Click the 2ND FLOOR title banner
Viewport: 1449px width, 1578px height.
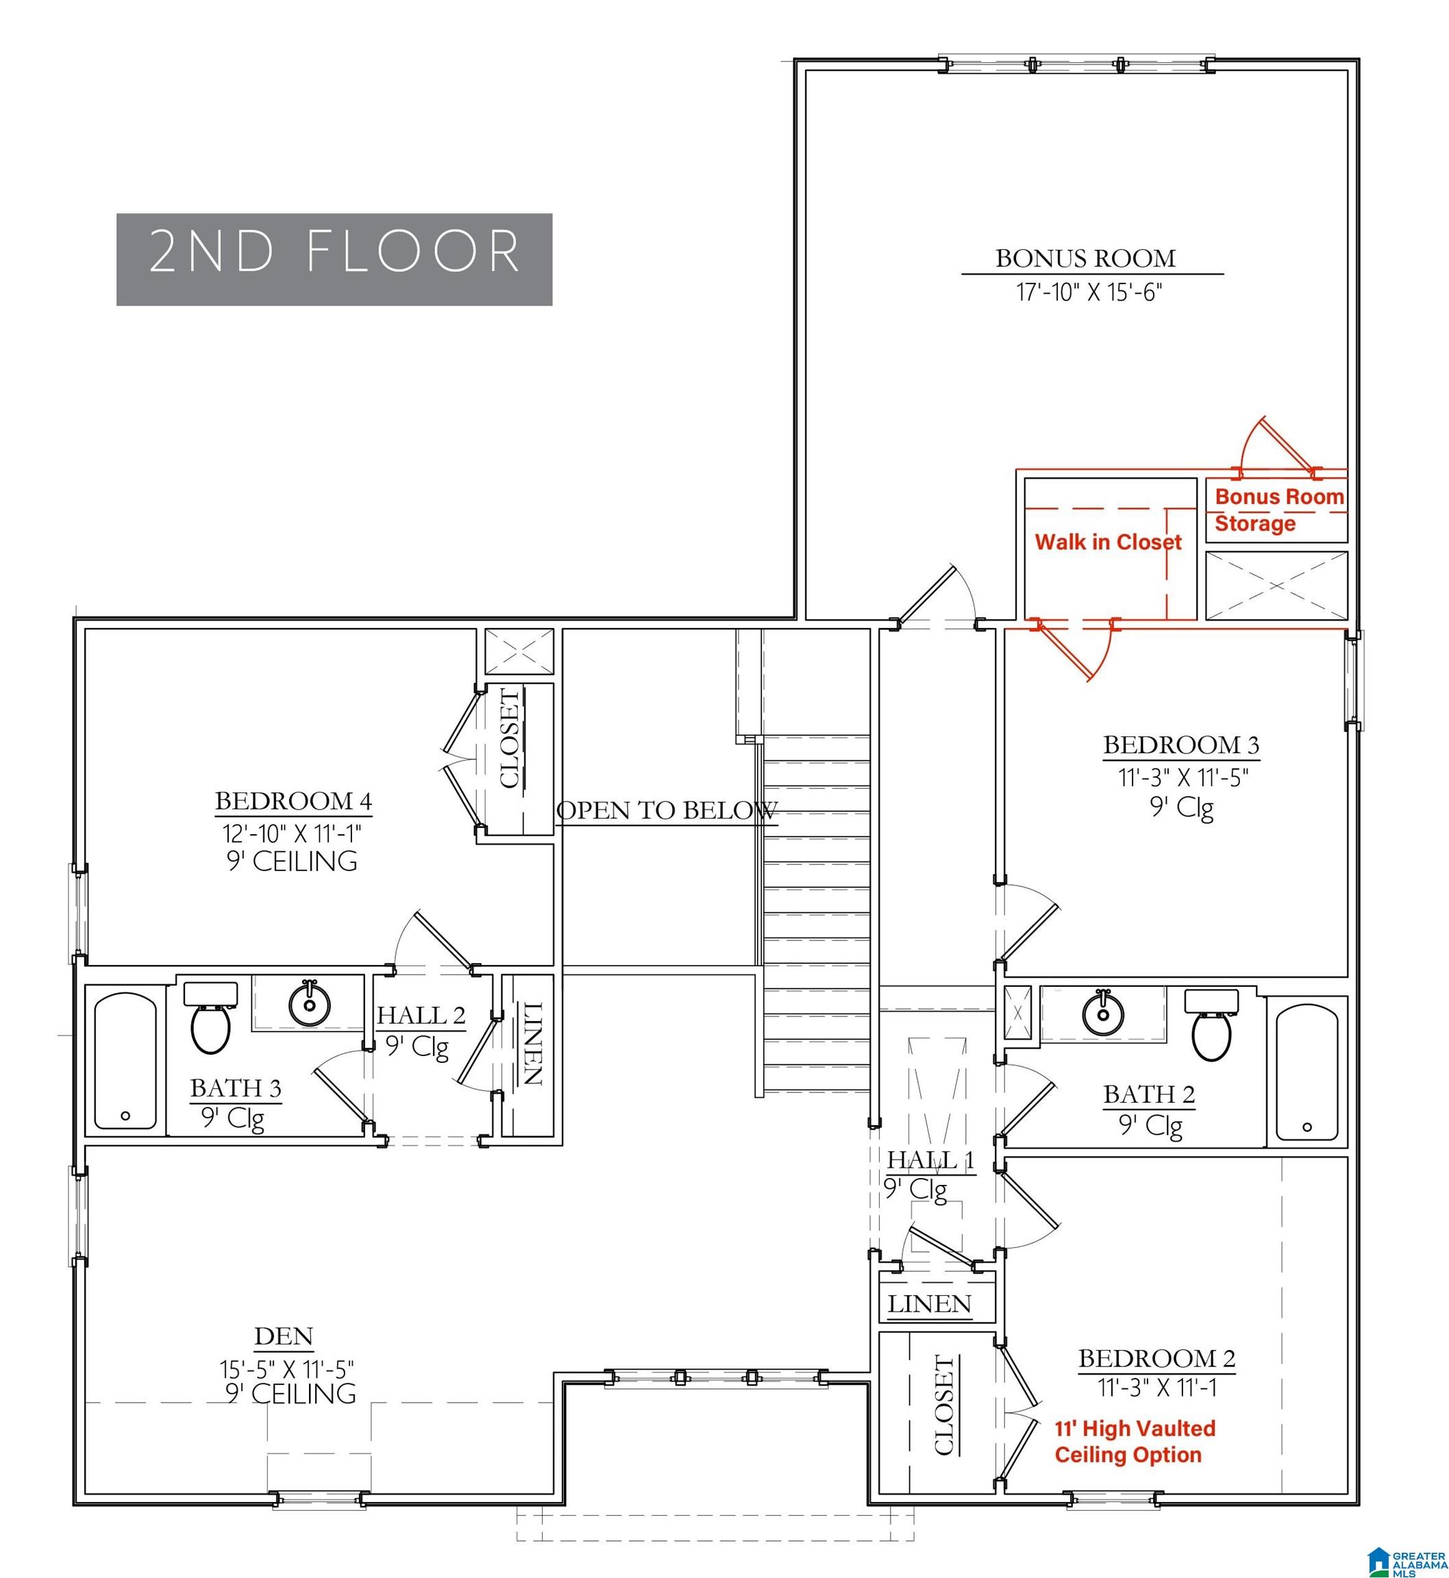click(x=334, y=259)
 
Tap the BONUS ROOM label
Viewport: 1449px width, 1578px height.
click(x=1085, y=258)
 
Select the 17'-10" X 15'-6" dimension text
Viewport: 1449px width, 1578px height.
click(x=1089, y=292)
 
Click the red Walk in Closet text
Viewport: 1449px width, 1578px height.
click(x=1108, y=542)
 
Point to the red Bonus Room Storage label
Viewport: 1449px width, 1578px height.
click(x=1280, y=510)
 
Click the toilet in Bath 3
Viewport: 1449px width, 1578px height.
click(x=210, y=1016)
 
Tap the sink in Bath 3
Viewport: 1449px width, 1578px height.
click(x=310, y=1003)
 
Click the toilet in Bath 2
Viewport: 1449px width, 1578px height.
click(x=1211, y=1025)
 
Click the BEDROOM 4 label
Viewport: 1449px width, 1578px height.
click(x=293, y=801)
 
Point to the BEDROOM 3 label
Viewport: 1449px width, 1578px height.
click(x=1182, y=744)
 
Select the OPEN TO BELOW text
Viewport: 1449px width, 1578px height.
click(x=667, y=810)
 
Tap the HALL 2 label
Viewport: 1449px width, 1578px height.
click(x=421, y=1015)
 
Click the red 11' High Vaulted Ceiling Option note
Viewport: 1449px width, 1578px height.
click(x=1135, y=1442)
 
